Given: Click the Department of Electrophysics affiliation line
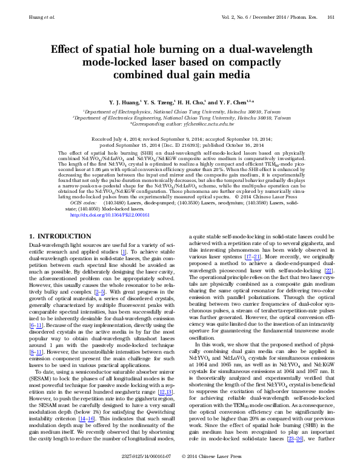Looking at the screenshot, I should tap(179, 112).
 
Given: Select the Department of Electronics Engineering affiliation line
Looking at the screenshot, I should tap(179, 118).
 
